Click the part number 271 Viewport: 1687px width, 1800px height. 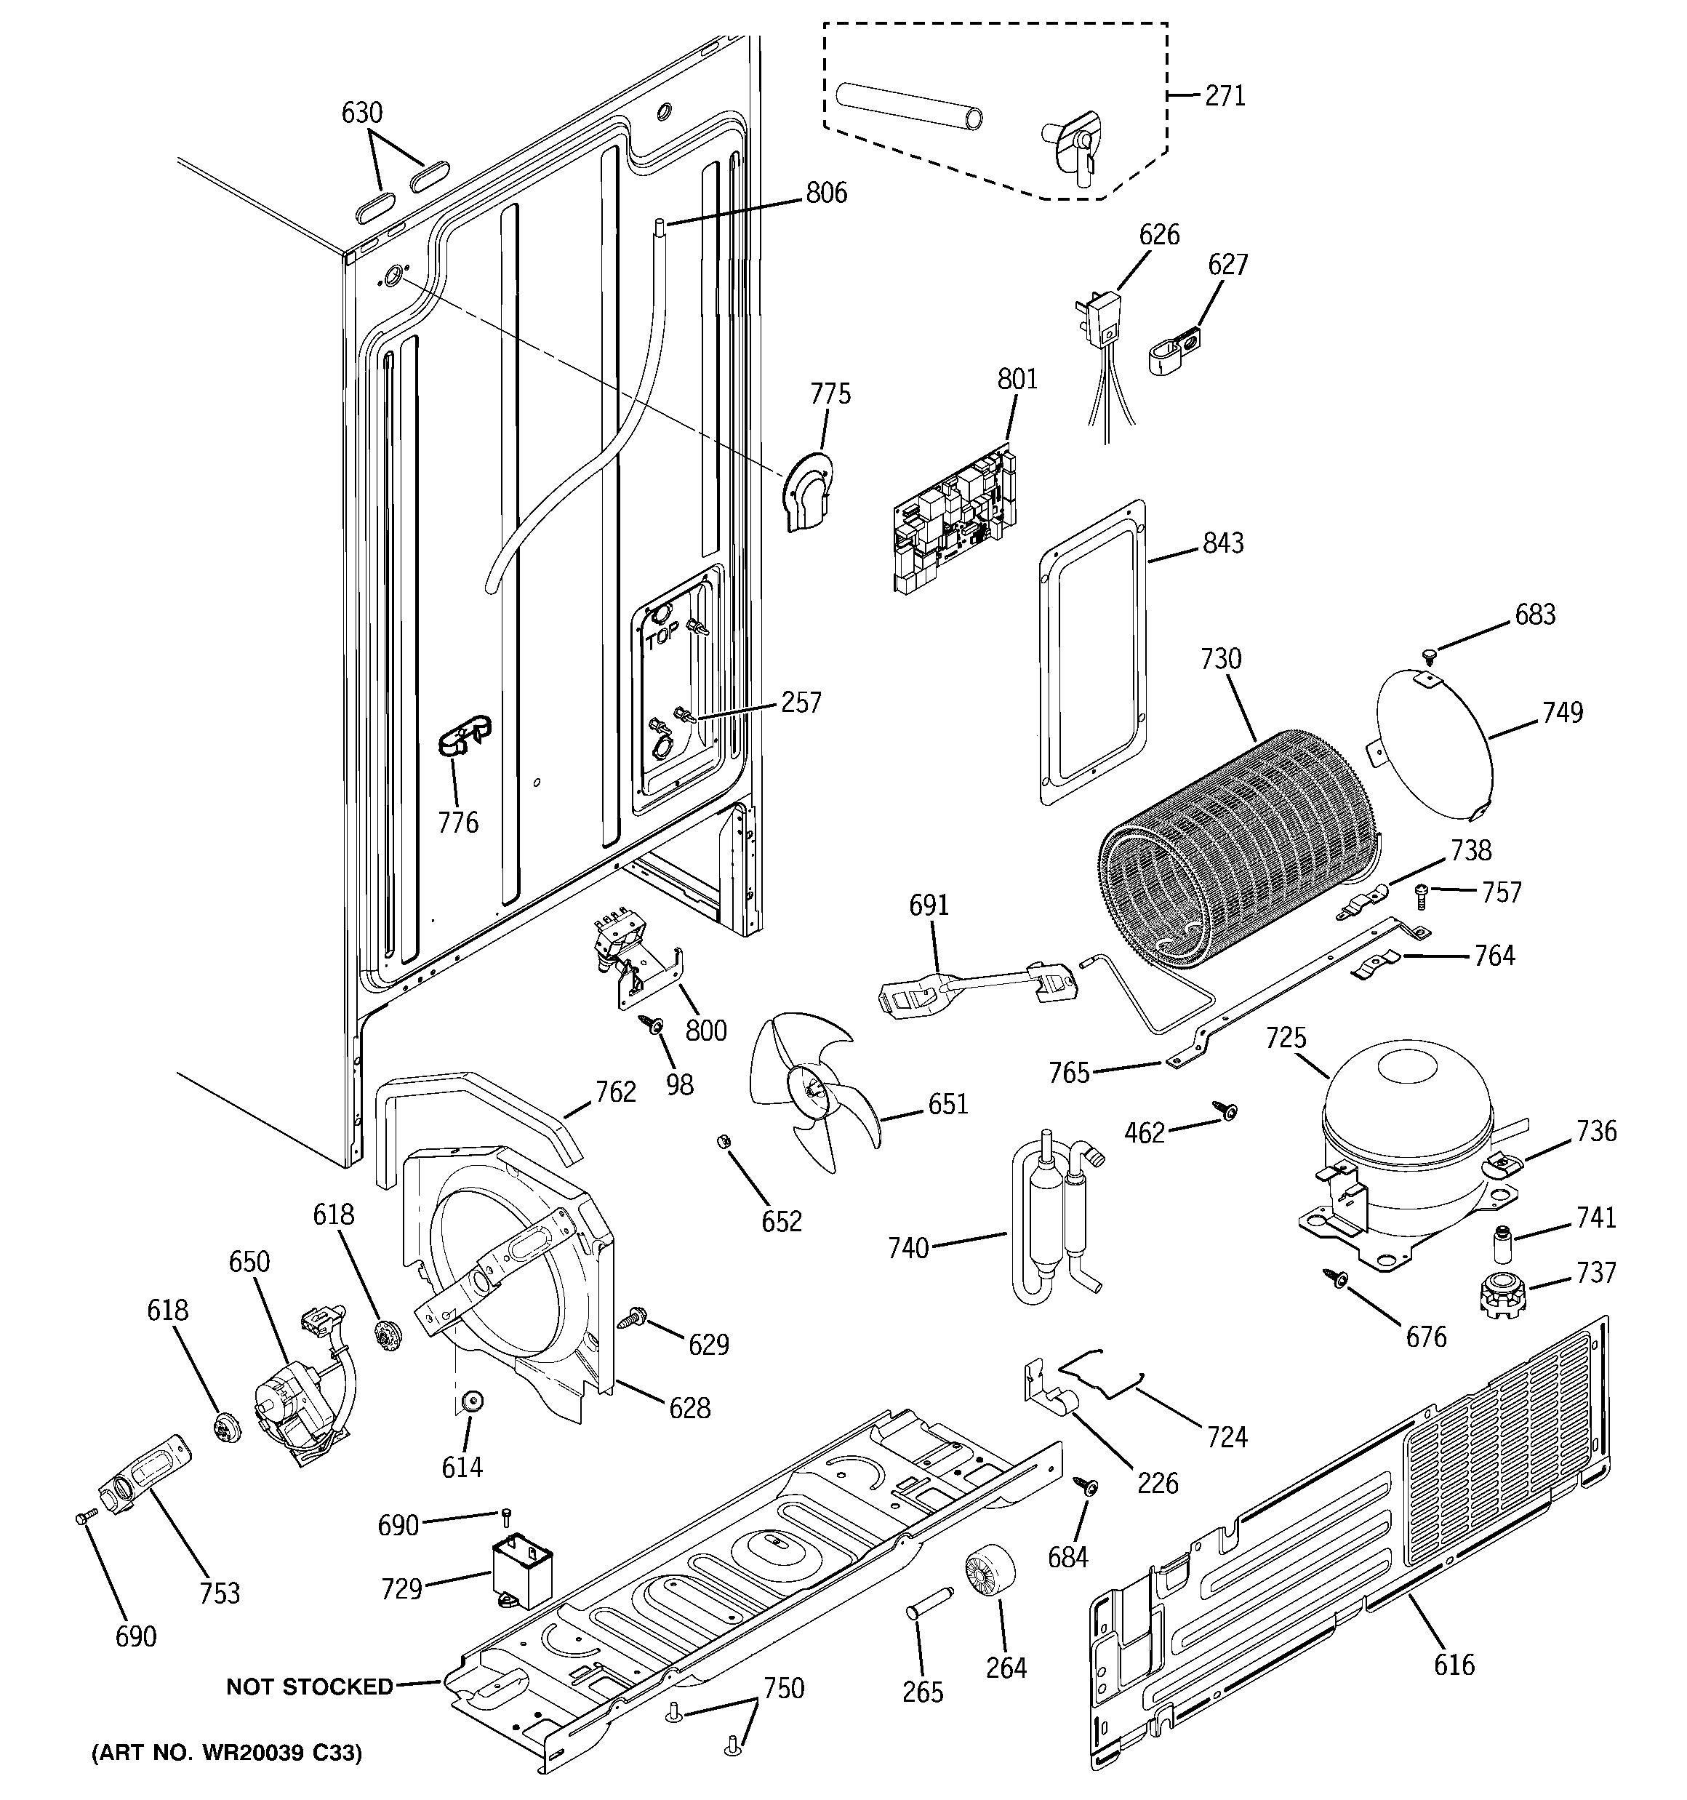pos(1225,95)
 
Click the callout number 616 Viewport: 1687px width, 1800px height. pos(1454,1664)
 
